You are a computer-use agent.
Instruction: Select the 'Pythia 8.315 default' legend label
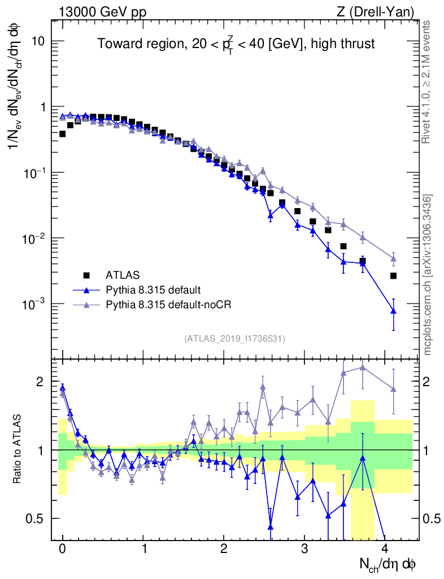coord(153,290)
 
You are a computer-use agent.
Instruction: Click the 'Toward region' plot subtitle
coord(236,44)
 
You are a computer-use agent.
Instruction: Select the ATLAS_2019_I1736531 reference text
coord(234,339)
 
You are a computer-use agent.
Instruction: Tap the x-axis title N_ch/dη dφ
coord(388,563)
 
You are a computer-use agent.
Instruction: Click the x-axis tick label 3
coord(304,548)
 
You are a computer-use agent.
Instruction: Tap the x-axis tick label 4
coord(385,548)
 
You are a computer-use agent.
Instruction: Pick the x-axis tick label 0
coord(62,548)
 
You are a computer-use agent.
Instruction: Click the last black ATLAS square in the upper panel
coord(393,276)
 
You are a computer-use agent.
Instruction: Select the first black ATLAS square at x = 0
coord(62,134)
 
